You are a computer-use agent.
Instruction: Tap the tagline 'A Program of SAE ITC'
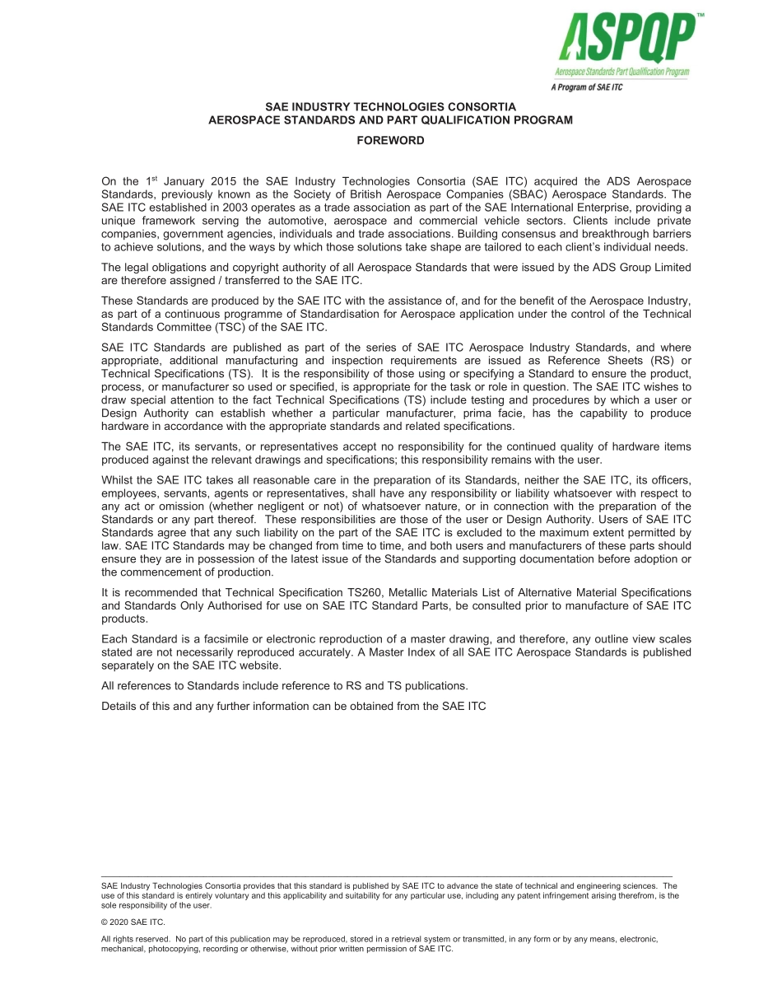point(587,86)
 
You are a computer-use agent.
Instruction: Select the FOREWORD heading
point(390,141)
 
